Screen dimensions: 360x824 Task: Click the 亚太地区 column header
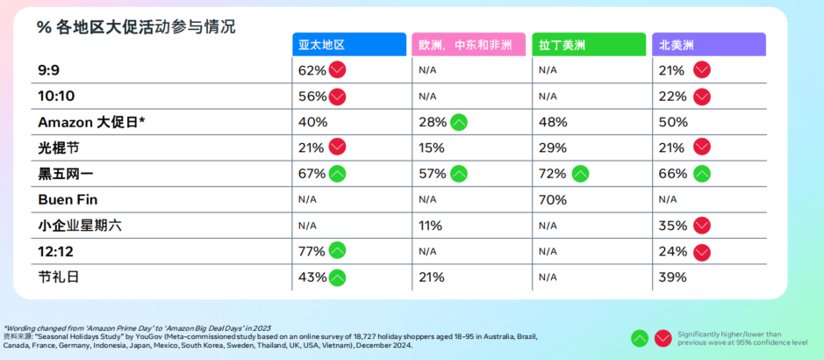(349, 45)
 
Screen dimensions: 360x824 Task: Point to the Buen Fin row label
(68, 199)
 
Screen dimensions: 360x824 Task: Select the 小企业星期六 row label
(80, 226)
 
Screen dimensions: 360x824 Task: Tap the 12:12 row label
(56, 251)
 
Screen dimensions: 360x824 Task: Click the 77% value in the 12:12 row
(312, 251)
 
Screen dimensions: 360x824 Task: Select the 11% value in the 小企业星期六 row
(430, 226)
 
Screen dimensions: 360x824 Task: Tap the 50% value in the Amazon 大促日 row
(672, 122)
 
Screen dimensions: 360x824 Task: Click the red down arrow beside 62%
(338, 69)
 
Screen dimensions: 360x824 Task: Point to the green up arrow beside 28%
(458, 122)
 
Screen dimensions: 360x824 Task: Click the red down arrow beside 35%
(702, 226)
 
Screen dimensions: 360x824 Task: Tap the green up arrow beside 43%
(337, 277)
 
